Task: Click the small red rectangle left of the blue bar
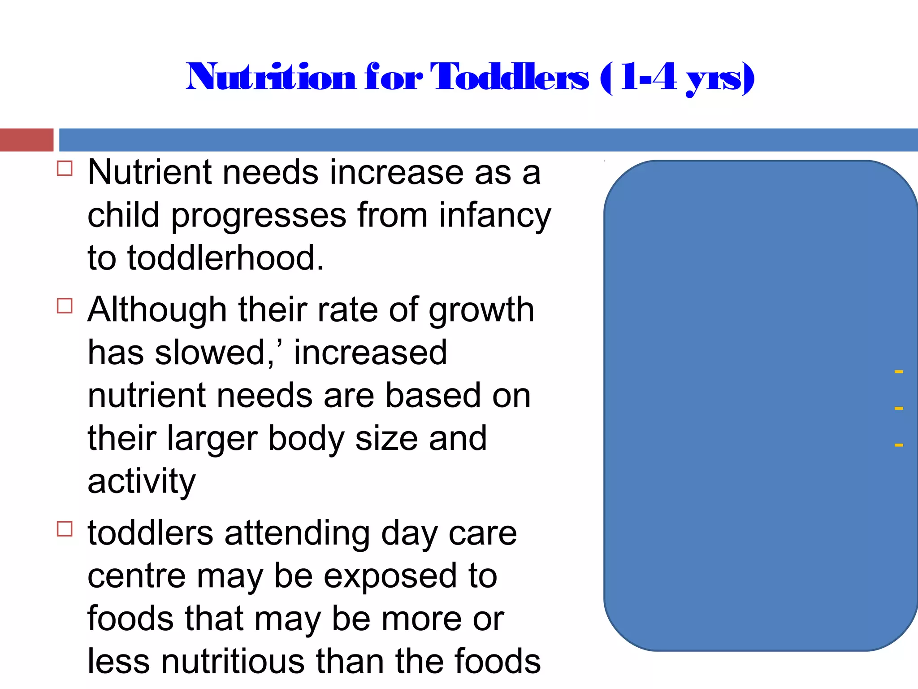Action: [x=26, y=140]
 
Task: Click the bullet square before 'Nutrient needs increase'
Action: [x=65, y=169]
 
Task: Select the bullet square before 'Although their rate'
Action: [x=65, y=306]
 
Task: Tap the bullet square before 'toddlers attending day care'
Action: [x=65, y=529]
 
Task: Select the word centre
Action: [x=136, y=576]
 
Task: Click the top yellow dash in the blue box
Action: [x=898, y=371]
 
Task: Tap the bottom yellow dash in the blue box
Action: [x=898, y=445]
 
